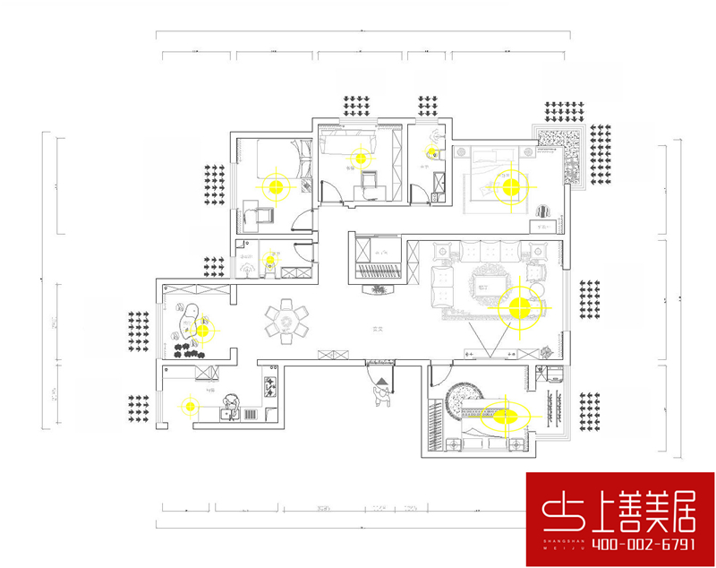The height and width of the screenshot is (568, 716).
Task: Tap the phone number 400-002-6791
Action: tap(618, 543)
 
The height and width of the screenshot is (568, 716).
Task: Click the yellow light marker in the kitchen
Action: tap(190, 406)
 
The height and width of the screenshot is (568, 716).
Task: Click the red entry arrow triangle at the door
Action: tap(382, 381)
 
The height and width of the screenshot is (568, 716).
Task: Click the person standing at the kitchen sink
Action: tap(232, 405)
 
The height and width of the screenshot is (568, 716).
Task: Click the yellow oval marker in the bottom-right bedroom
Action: tap(506, 416)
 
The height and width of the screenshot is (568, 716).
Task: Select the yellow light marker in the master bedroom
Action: tap(510, 187)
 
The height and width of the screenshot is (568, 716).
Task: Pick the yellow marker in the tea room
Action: tap(202, 330)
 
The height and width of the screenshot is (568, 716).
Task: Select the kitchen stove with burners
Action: tap(268, 387)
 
